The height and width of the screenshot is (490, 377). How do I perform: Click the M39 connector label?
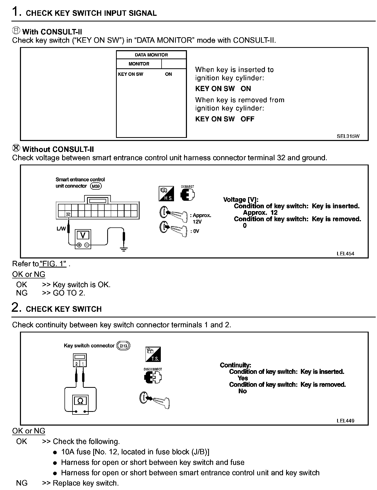coord(96,186)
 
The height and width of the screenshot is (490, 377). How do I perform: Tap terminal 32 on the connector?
coord(68,214)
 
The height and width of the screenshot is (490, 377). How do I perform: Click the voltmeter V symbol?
coord(83,235)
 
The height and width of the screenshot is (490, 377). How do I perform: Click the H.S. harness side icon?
coord(166,194)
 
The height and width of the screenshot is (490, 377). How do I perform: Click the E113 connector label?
coord(123,346)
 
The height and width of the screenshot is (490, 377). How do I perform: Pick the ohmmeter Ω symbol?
coord(80,401)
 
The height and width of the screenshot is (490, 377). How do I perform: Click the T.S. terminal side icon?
coord(153,354)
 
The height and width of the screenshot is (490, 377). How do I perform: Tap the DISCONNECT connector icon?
coord(153,377)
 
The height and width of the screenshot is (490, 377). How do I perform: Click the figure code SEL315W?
coord(348,136)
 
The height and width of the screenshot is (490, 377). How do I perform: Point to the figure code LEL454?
coord(345,254)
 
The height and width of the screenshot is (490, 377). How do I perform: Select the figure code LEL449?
coord(345,421)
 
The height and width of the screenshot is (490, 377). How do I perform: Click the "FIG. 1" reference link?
coord(53,264)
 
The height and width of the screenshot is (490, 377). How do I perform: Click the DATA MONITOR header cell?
coord(151,55)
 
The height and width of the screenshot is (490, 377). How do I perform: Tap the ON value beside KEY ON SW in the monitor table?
coord(168,74)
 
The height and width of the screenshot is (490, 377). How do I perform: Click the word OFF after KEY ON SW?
coord(247,119)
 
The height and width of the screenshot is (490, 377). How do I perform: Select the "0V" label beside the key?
coord(196,231)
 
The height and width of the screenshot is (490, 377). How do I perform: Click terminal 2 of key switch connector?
coord(77,364)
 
